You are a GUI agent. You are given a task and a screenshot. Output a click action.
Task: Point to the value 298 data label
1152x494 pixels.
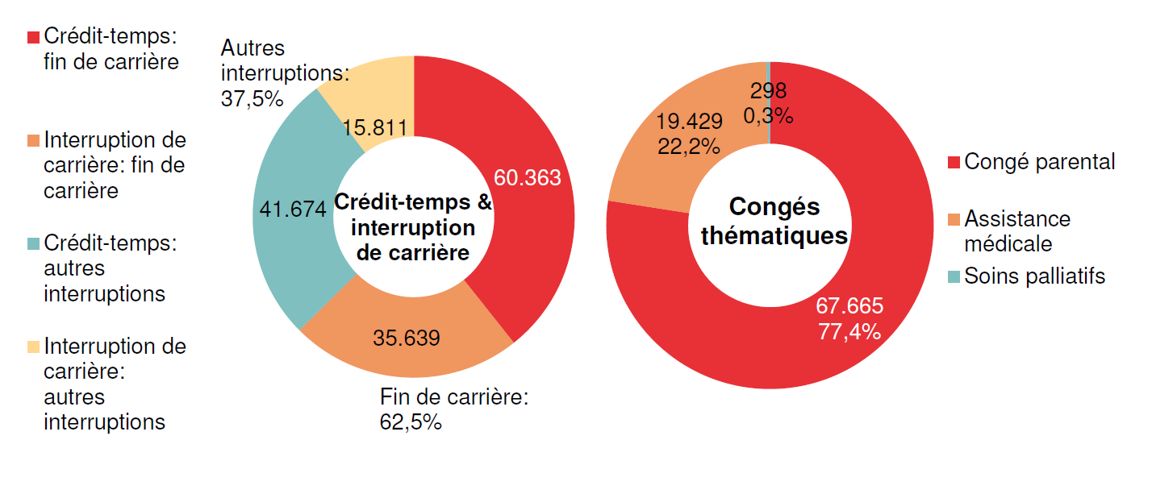point(768,90)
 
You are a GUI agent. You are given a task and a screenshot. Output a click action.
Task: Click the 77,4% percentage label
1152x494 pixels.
point(849,331)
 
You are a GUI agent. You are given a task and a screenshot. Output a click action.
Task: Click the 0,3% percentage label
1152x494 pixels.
point(768,116)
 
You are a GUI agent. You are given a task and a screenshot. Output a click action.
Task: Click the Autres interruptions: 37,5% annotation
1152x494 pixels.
point(274,73)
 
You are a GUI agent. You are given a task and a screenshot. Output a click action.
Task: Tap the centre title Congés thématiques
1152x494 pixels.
point(774,222)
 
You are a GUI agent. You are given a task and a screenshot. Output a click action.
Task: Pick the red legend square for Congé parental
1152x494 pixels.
point(954,163)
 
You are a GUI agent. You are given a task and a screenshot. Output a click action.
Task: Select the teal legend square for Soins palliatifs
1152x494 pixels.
point(954,277)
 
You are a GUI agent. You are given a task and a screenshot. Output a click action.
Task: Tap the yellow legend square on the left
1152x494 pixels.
point(33,347)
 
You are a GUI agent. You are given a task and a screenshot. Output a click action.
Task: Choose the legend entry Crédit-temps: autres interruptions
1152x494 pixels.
point(110,268)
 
